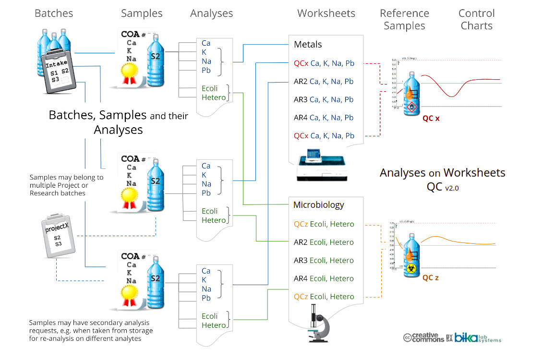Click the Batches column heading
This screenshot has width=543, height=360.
click(x=54, y=13)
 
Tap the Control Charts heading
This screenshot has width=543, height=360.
click(x=476, y=20)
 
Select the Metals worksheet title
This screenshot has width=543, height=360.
click(x=308, y=45)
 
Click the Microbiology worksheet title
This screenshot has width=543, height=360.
click(x=319, y=205)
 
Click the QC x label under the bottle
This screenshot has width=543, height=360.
click(x=431, y=118)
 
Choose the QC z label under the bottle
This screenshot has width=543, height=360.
click(x=431, y=277)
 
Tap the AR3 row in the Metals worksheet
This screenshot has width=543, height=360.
click(x=323, y=100)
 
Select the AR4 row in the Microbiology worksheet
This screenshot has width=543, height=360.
click(x=323, y=278)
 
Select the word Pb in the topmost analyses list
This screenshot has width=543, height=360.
click(x=206, y=71)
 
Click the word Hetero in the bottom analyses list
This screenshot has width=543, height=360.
click(x=214, y=325)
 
